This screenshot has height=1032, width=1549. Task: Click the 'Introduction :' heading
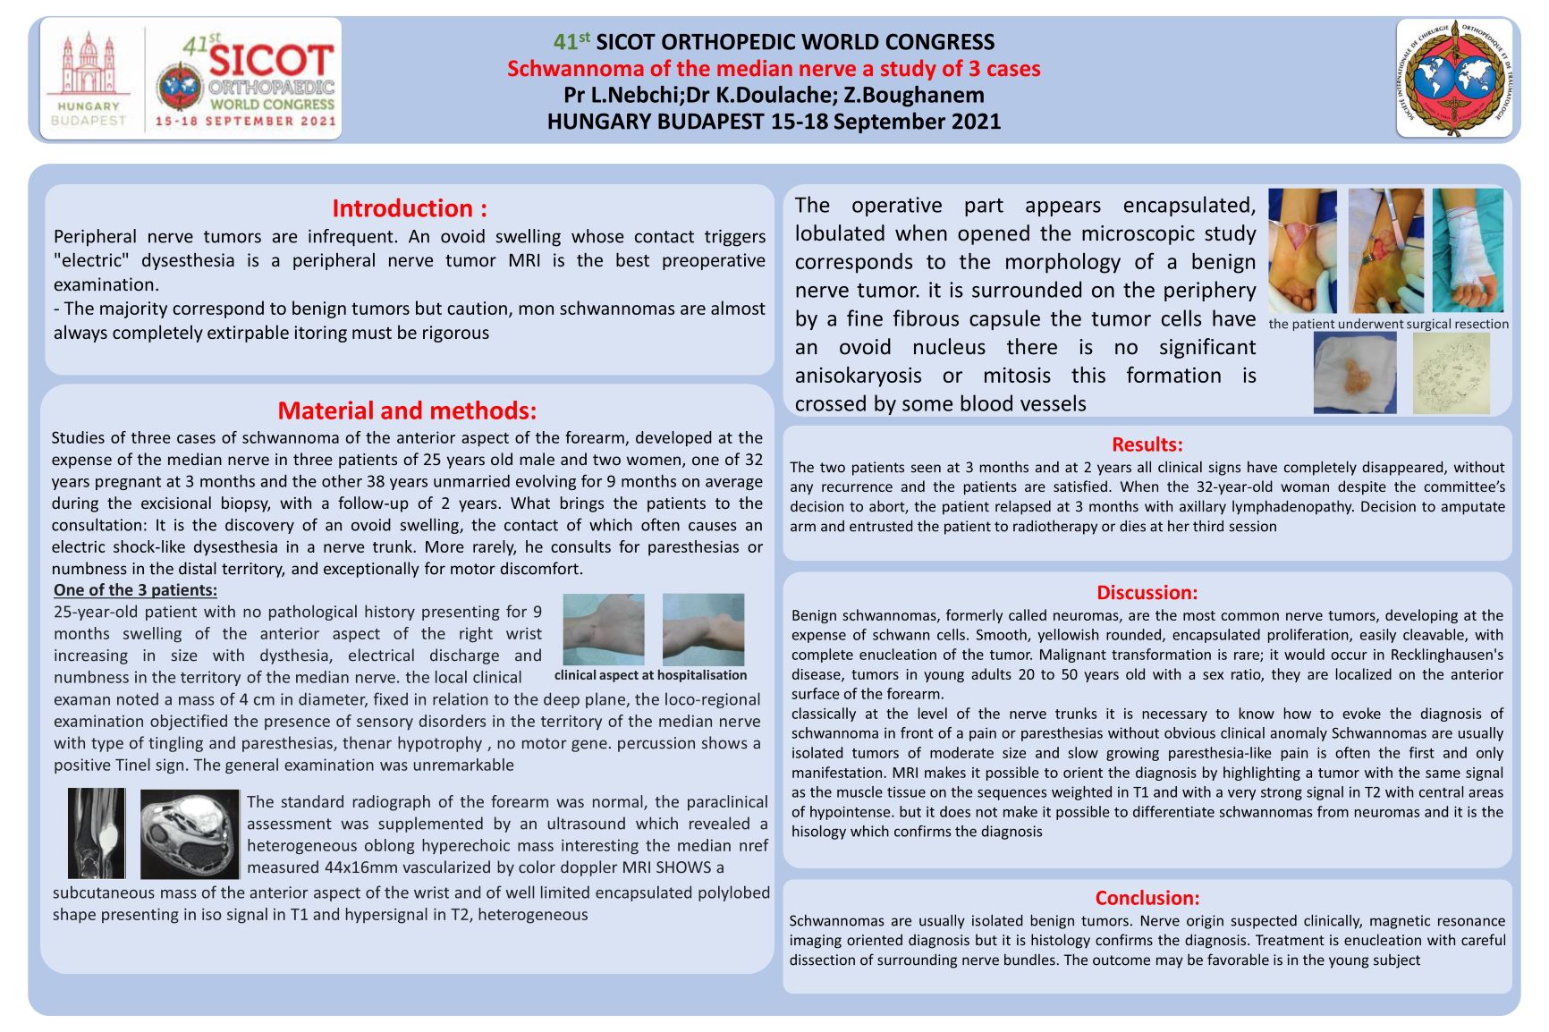(410, 208)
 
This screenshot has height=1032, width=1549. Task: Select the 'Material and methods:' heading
(407, 410)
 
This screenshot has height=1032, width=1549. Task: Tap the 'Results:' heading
(1147, 444)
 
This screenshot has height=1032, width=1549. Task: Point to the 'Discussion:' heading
(1147, 592)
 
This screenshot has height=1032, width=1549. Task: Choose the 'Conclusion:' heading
(1147, 898)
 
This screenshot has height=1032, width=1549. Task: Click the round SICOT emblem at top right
(1454, 79)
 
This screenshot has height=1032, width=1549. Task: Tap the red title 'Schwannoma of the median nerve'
(774, 69)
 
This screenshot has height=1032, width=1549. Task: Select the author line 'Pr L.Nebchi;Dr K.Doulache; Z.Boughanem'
(774, 95)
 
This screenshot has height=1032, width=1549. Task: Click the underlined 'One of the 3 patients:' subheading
(135, 590)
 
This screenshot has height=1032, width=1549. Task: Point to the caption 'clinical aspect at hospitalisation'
(650, 675)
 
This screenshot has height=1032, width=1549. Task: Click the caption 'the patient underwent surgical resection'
(1388, 324)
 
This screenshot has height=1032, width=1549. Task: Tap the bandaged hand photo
(1468, 250)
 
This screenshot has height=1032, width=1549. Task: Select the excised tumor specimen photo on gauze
(1354, 373)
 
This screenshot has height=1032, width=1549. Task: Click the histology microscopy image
(1451, 373)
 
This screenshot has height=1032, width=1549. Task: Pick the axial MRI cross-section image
(190, 833)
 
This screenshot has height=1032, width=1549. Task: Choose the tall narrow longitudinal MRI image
(97, 833)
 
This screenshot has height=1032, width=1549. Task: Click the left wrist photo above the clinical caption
(604, 629)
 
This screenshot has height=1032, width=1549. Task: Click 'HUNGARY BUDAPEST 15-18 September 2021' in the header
(774, 122)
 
